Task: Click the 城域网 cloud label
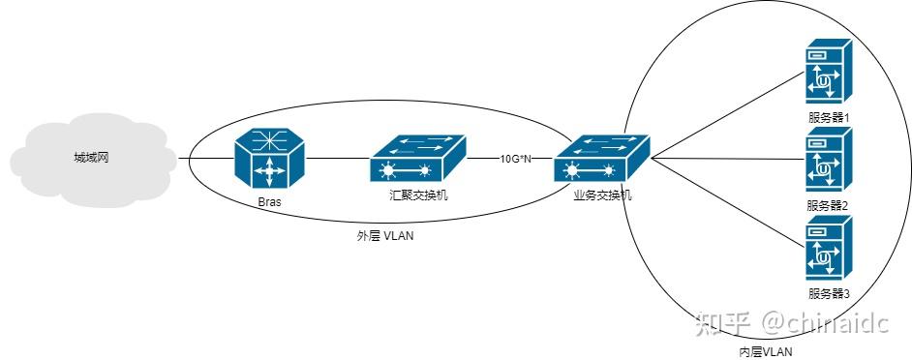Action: (x=90, y=158)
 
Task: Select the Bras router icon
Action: (x=270, y=160)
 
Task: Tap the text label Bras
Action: (x=270, y=203)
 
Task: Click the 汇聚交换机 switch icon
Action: (x=418, y=159)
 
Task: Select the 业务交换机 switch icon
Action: (x=601, y=159)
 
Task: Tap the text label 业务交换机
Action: (x=601, y=195)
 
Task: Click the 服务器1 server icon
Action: (x=828, y=74)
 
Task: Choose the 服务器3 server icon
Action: (x=828, y=249)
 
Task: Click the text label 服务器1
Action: (x=828, y=118)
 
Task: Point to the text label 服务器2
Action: (x=828, y=205)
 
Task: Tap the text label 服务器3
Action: (x=828, y=293)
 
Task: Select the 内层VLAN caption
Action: (x=765, y=352)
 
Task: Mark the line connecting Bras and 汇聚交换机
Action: (x=338, y=158)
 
